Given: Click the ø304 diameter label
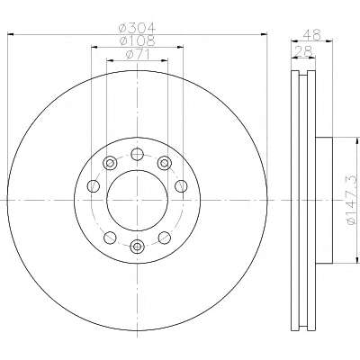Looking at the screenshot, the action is coord(138,29).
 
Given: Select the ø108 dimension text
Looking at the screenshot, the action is coord(138,40).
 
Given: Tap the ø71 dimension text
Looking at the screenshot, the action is coord(138,55).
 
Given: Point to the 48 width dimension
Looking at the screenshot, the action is coord(312,34).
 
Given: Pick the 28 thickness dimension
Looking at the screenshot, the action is coord(303,51).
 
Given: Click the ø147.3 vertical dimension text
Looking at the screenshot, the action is coord(354,201).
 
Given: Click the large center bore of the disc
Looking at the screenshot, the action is coord(137,201).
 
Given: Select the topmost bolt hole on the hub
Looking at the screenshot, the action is coord(137,155).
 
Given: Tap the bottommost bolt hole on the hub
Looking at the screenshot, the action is coord(137,247).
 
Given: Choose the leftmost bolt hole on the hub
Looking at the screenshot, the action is coord(93,186).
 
